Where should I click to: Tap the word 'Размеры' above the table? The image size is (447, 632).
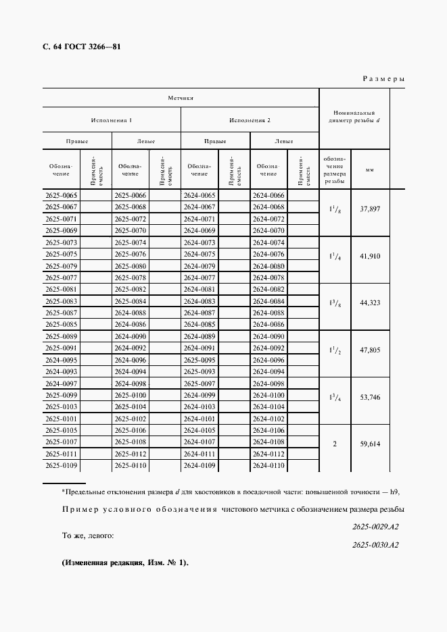coord(383,79)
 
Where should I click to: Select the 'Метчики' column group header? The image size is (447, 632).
coord(181,98)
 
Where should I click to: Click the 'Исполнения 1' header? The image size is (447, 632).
coord(112,120)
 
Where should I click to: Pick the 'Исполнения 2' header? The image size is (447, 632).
coord(250,120)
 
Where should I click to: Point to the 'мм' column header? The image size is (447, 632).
coord(370,170)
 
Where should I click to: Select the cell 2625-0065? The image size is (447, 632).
coord(61,195)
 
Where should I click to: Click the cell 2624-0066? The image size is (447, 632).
coord(268,195)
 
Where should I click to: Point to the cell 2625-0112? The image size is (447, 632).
coord(130,454)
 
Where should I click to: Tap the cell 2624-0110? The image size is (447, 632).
coord(268,466)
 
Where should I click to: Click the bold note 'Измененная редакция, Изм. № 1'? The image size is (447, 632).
coord(125,563)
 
